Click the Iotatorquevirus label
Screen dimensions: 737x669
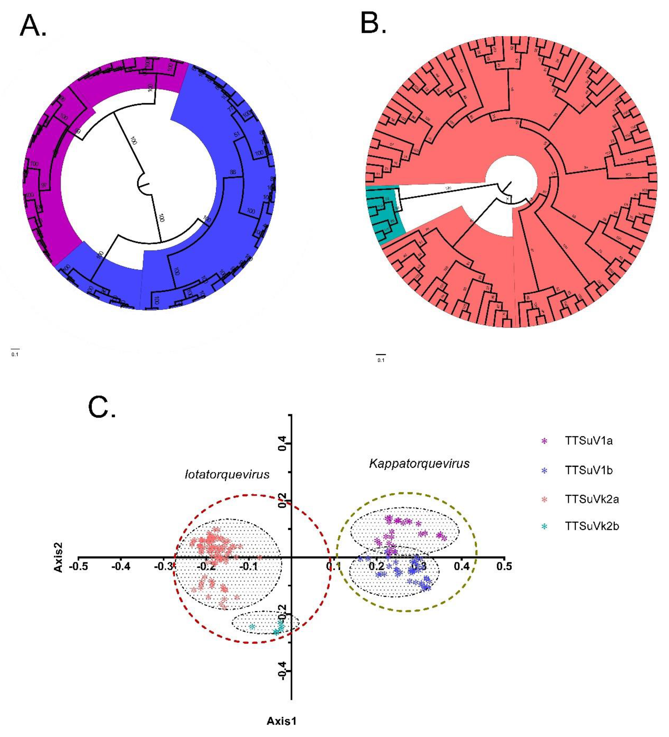pos(227,475)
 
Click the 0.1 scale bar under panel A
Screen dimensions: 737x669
pos(15,352)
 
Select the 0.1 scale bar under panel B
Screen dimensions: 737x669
pos(381,357)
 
